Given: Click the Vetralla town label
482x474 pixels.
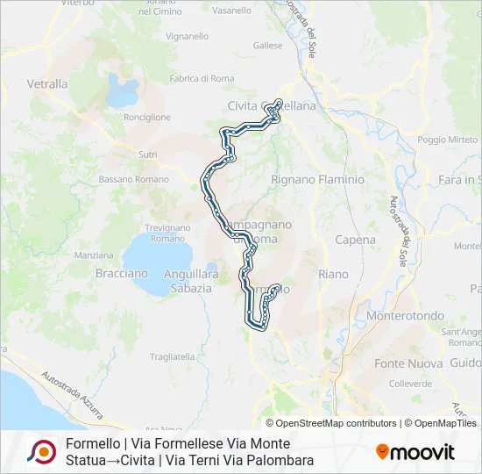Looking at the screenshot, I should click(47, 84).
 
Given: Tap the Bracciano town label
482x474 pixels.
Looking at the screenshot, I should click(122, 273).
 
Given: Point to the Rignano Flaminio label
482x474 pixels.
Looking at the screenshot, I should click(317, 179).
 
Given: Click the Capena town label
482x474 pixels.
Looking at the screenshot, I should click(355, 240).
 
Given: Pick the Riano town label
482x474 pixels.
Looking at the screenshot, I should click(333, 274).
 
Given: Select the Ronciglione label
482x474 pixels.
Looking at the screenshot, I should click(147, 117).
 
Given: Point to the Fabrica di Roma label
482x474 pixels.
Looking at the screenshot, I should click(202, 79).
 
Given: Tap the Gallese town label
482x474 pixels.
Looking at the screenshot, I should click(267, 45).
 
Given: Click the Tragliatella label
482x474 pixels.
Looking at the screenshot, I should click(173, 356).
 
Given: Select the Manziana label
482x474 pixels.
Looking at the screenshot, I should click(94, 255).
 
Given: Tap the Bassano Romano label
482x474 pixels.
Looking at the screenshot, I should click(133, 179).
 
